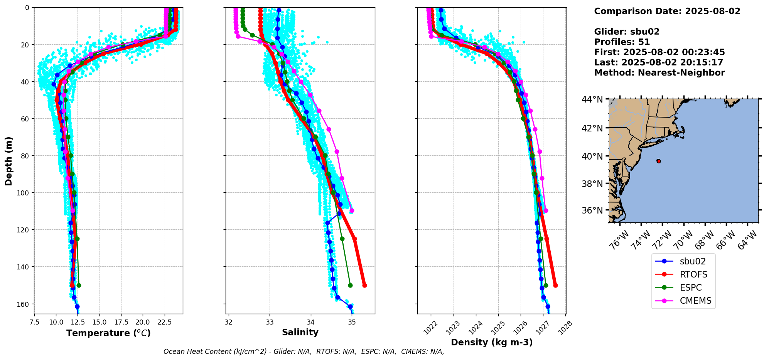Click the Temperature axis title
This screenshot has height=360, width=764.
click(x=108, y=333)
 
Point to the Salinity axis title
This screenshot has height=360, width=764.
click(x=300, y=332)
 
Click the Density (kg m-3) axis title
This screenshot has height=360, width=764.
click(x=492, y=342)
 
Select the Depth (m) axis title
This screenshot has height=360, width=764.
click(x=8, y=161)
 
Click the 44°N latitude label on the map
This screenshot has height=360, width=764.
click(x=592, y=100)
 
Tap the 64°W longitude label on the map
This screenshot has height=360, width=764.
click(x=747, y=239)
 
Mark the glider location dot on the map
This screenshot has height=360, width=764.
click(x=659, y=161)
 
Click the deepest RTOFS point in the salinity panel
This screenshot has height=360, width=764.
click(x=364, y=286)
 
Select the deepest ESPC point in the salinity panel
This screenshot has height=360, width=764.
click(x=350, y=286)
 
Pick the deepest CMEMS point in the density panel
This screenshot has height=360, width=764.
click(x=546, y=210)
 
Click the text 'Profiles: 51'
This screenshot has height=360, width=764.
click(x=622, y=42)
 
